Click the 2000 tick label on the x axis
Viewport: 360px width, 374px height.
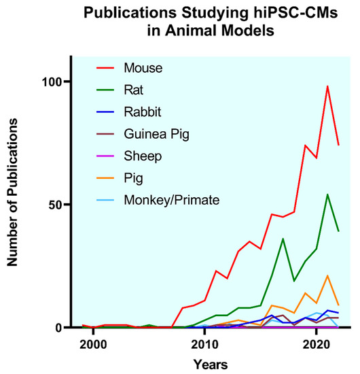click(93, 343)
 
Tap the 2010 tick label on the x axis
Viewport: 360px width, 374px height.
click(204, 343)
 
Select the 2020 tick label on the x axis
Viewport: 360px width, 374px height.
click(316, 343)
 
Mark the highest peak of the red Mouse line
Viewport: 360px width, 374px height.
click(327, 86)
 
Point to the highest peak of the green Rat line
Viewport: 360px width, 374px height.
click(327, 194)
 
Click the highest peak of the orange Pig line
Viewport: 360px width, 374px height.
click(327, 275)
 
